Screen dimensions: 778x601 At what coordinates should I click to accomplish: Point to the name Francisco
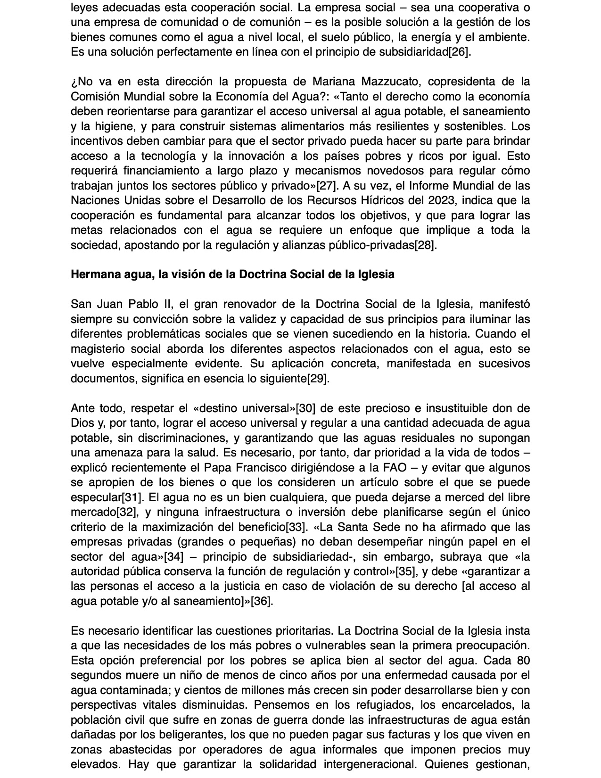(264, 468)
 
